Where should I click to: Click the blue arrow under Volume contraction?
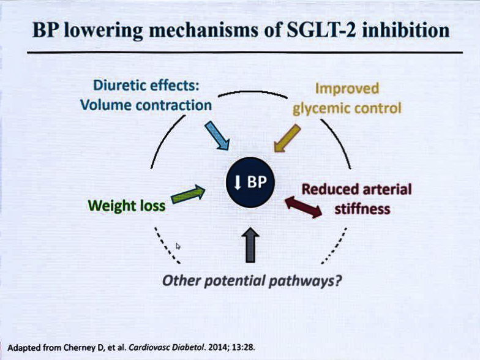[x=217, y=136]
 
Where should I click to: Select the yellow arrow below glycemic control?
[x=287, y=138]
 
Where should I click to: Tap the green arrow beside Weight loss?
[x=188, y=194]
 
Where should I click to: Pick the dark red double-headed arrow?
[x=304, y=207]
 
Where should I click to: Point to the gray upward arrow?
[x=250, y=245]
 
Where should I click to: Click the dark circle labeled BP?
[x=250, y=182]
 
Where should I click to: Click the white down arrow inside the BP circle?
[x=238, y=182]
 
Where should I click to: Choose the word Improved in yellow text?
[x=347, y=89]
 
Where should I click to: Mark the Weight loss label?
[x=127, y=206]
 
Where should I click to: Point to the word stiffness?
[x=362, y=209]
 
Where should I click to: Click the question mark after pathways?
[x=338, y=280]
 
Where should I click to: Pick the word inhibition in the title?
[x=405, y=30]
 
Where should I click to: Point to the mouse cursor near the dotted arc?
[x=178, y=246]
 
